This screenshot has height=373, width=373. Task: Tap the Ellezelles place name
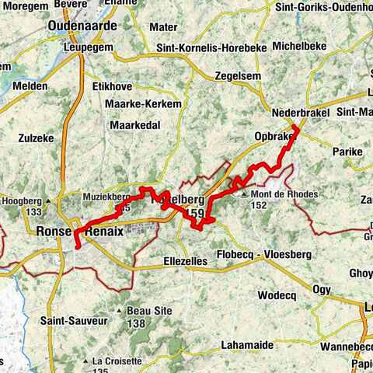pyautogui.click(x=186, y=262)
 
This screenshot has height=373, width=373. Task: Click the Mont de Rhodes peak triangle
pyautogui.click(x=244, y=194)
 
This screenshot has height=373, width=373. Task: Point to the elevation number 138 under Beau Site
pyautogui.click(x=136, y=322)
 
